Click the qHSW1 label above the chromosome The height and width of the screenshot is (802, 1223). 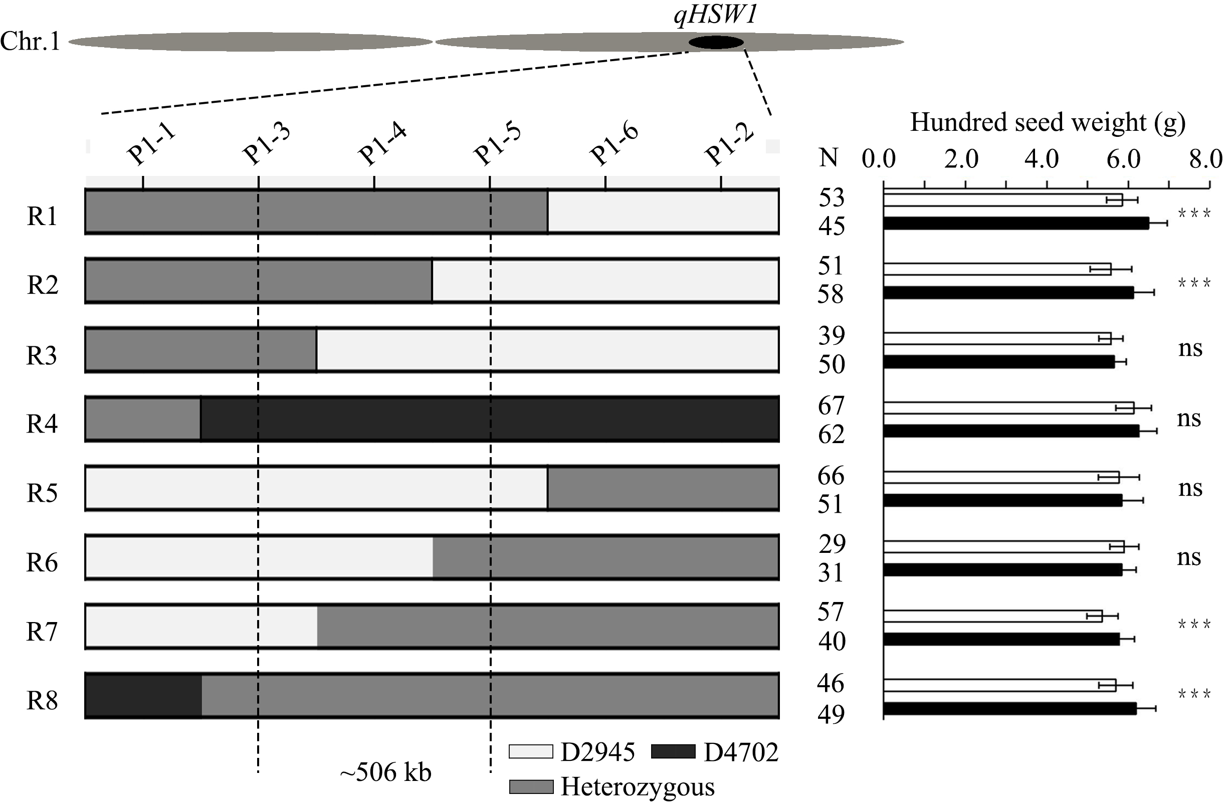716,16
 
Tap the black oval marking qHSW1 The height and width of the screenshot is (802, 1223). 716,43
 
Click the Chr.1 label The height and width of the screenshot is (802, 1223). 30,41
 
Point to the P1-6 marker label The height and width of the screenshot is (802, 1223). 614,145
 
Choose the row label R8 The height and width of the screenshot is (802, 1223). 42,700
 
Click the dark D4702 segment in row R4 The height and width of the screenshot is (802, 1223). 488,419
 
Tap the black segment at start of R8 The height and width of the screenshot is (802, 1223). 143,695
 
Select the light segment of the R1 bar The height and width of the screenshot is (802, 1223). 663,212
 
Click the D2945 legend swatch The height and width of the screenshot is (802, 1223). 531,752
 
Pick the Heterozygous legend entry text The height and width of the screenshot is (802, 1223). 637,786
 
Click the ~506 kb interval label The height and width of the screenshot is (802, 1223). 385,772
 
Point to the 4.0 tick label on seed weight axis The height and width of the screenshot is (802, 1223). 1042,159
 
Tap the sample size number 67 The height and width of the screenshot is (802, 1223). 831,406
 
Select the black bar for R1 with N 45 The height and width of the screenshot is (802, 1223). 1015,223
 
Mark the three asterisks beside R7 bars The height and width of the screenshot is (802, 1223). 1194,625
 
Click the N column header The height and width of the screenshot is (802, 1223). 829,158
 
